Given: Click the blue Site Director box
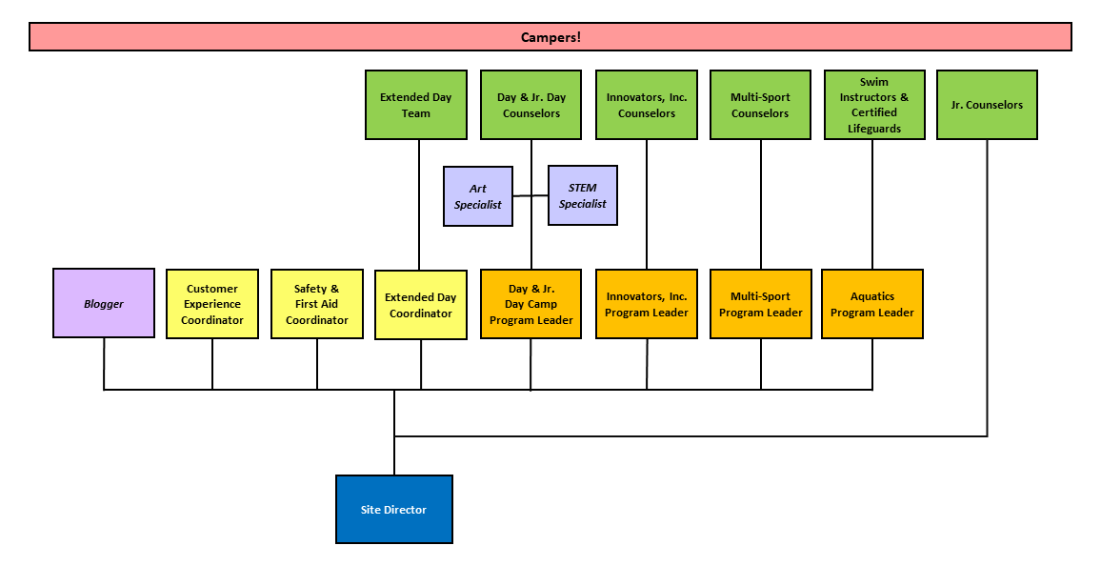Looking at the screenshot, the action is coord(394,509).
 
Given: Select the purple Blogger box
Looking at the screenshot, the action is coord(104,303).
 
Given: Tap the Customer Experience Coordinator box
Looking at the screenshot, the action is coord(212,304).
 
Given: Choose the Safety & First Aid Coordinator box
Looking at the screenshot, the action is coord(316,304).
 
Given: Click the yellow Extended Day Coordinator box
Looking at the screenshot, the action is coord(421,305).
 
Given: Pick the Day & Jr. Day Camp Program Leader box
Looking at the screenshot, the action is coord(530,304).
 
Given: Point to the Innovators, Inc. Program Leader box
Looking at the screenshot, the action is coord(647,304).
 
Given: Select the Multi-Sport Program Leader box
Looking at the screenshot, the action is coord(760,304).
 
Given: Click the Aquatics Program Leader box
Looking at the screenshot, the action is coord(872,304).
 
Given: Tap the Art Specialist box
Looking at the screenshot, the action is coord(478,196).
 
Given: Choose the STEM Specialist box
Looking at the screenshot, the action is coord(583,195).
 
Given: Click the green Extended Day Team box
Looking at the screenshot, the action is coord(416,105).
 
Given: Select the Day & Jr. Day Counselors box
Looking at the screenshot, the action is coord(530,105).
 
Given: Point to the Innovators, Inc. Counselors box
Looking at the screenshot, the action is coord(647,105).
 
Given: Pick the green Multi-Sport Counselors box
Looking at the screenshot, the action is coord(760,105).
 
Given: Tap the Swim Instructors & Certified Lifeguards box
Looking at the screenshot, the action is coord(874,105).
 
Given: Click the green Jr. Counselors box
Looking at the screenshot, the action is coord(988,105).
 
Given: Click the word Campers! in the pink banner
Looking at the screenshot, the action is coord(550,37).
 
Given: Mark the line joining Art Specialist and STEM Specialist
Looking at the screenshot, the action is coord(530,196).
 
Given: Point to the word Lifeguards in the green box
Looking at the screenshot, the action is coord(874,129).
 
